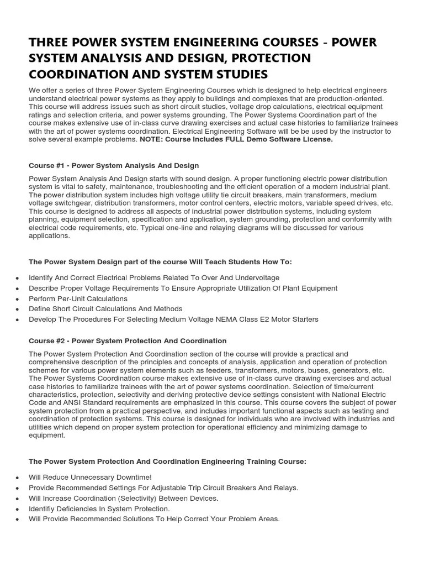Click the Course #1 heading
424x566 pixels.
pyautogui.click(x=113, y=165)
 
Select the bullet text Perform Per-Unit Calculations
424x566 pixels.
pyautogui.click(x=78, y=298)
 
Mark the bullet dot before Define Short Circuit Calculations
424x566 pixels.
pyautogui.click(x=18, y=310)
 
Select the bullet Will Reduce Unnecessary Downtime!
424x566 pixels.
pyautogui.click(x=82, y=477)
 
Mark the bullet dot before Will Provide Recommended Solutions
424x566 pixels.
pyautogui.click(x=18, y=520)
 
